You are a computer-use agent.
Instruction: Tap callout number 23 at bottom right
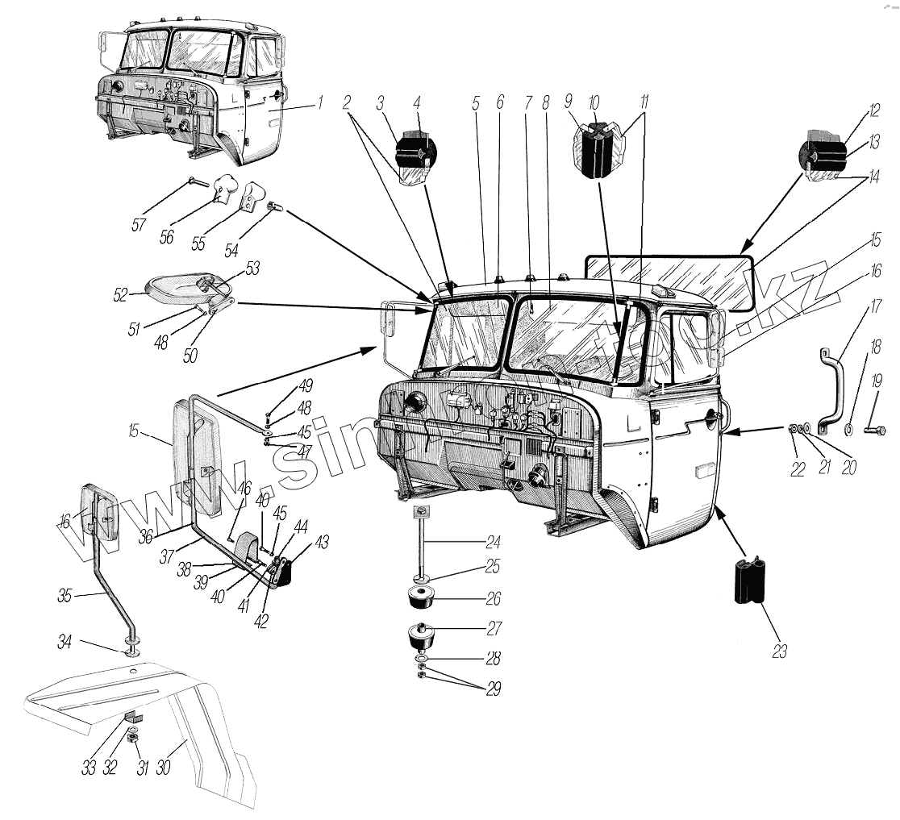click(x=778, y=650)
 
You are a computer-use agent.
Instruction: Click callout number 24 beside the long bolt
click(x=493, y=542)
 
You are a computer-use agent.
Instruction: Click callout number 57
click(x=139, y=224)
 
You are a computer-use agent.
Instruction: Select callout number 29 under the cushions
click(x=492, y=689)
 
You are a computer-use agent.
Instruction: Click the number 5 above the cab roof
click(x=476, y=102)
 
